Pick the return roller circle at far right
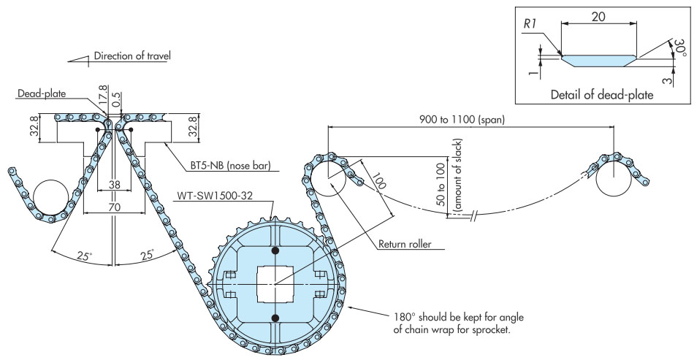pos(614,179)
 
